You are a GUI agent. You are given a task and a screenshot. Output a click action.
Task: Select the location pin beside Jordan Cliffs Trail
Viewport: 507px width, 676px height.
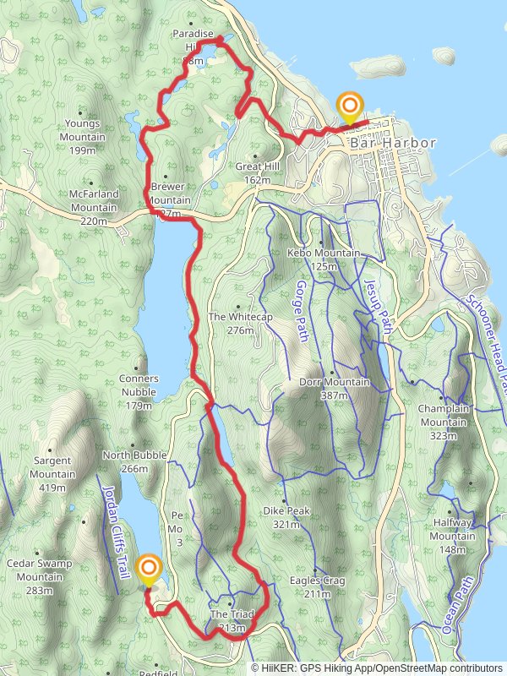click(150, 571)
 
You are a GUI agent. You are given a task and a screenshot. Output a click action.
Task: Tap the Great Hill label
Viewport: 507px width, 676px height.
click(258, 172)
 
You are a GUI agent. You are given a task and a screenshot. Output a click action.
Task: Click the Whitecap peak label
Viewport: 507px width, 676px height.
click(232, 323)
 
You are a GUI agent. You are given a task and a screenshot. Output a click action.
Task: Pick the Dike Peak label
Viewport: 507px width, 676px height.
click(286, 517)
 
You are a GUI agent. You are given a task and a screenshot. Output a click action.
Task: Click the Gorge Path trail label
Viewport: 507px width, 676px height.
click(302, 313)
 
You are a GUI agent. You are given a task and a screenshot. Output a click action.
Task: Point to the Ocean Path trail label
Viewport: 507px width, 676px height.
click(457, 604)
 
